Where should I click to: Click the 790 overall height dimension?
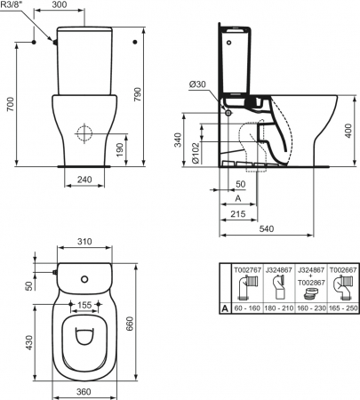[139, 94]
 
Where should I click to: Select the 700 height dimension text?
[11, 104]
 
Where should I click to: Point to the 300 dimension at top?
[60, 4]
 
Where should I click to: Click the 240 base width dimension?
[84, 180]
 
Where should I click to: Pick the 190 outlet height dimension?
[119, 150]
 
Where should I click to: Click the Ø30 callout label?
[197, 84]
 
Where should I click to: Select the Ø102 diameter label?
[196, 153]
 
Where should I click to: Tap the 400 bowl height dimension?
[348, 131]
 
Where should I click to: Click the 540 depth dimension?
[267, 228]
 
